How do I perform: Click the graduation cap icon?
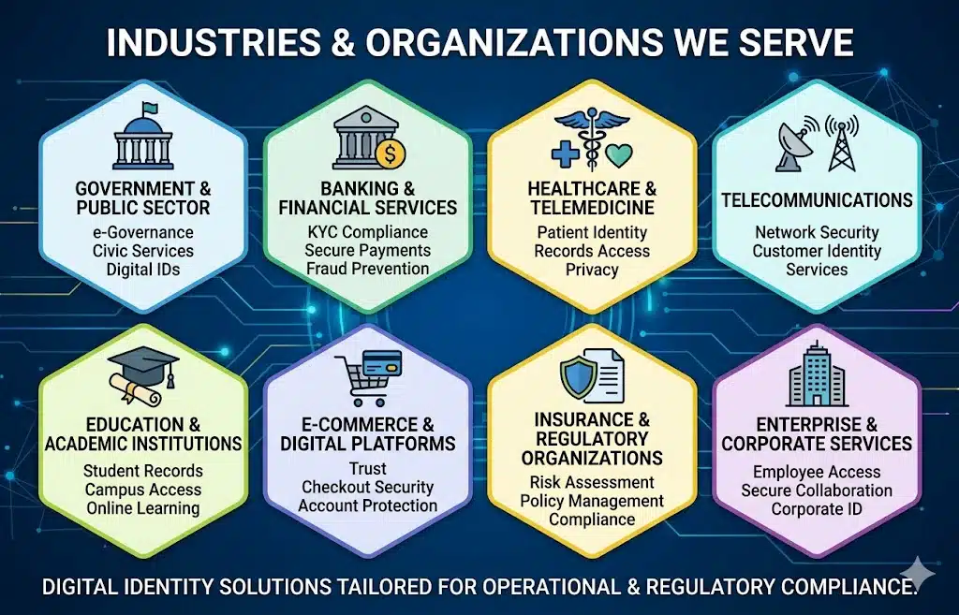tap(143, 365)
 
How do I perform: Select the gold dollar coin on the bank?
tap(391, 155)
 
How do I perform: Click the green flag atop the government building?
tap(148, 109)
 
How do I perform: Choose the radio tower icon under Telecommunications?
tap(842, 144)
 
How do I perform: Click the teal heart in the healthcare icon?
tap(619, 155)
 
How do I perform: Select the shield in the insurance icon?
tap(578, 378)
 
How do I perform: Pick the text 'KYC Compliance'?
tap(367, 232)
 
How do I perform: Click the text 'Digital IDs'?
tap(143, 270)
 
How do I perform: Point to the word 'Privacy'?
tap(592, 271)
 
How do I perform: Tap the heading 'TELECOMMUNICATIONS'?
tap(817, 200)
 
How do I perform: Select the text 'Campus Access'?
tap(143, 490)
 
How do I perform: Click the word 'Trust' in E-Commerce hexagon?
tap(367, 469)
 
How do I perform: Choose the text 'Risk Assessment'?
tap(592, 482)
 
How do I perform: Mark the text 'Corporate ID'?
tap(817, 509)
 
